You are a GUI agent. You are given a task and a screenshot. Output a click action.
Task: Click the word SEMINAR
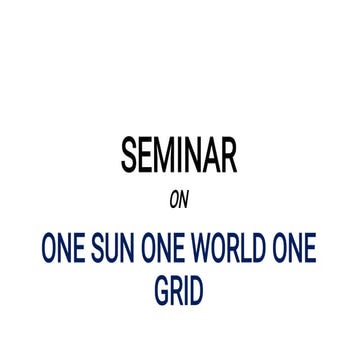179,155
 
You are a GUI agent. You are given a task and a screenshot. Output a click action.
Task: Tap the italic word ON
179,200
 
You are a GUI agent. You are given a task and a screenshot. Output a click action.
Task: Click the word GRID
179,290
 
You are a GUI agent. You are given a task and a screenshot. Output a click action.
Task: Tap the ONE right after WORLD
296,248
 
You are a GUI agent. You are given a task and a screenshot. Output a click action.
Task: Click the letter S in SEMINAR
129,155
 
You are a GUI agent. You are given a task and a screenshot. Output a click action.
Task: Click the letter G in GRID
162,290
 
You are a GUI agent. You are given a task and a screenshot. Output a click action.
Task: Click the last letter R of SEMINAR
229,155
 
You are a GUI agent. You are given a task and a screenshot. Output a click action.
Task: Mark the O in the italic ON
174,200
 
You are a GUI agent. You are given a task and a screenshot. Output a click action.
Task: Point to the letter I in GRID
186,290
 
